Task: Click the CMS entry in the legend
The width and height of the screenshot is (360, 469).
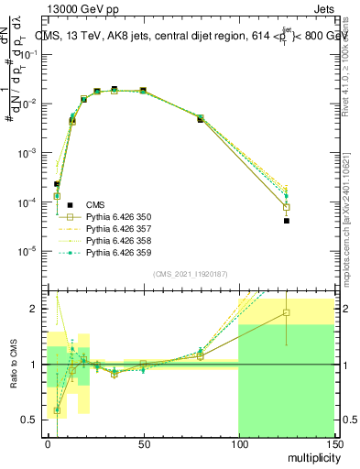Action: [96, 204]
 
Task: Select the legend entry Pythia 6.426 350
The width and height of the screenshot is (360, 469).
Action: [118, 216]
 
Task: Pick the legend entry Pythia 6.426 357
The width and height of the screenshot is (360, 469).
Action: [118, 228]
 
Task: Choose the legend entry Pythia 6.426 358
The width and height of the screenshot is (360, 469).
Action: [118, 240]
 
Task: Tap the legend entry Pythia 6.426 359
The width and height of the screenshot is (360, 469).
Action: [118, 252]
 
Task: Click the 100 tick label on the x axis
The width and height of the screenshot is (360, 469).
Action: [238, 443]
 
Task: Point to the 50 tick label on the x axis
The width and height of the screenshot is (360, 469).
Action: [143, 443]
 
